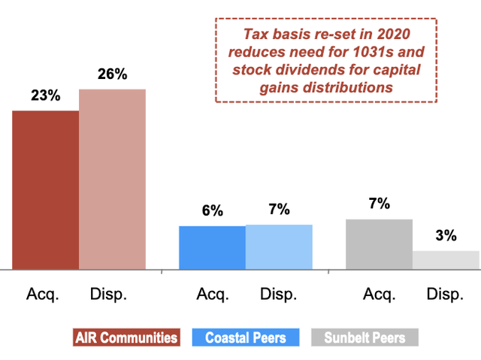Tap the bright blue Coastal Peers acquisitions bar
coord(212,247)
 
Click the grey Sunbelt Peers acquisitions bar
coord(379,244)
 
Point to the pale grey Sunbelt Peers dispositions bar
coord(446,259)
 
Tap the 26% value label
coord(113,74)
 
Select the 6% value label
coord(212,211)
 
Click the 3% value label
coord(446,236)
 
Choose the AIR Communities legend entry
coord(126,337)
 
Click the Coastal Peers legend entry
coord(246,337)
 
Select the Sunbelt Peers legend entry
coord(365,337)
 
